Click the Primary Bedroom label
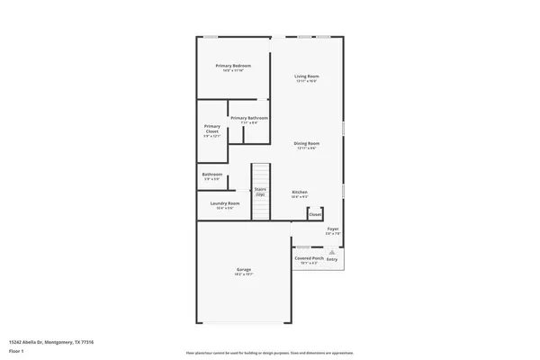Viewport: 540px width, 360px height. [x=232, y=66]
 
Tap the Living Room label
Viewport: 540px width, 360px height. [x=307, y=76]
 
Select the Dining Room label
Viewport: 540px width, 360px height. [x=307, y=143]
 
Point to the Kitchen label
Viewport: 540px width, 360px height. [x=300, y=192]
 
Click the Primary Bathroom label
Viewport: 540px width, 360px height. [x=248, y=118]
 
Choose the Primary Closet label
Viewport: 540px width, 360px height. [x=212, y=129]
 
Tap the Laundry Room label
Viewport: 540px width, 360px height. [x=225, y=203]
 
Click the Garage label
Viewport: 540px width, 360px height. [x=243, y=269]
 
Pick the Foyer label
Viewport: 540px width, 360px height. [x=332, y=229]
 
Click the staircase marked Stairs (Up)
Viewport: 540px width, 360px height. [x=260, y=191]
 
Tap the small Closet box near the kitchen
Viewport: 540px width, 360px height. [x=315, y=215]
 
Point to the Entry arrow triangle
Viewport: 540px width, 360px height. [x=332, y=253]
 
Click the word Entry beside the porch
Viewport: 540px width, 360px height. [x=332, y=259]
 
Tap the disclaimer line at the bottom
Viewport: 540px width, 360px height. [x=269, y=353]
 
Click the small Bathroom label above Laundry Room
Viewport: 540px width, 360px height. [x=211, y=174]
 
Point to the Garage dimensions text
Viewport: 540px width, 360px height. [x=243, y=274]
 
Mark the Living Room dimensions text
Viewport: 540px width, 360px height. [x=307, y=81]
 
